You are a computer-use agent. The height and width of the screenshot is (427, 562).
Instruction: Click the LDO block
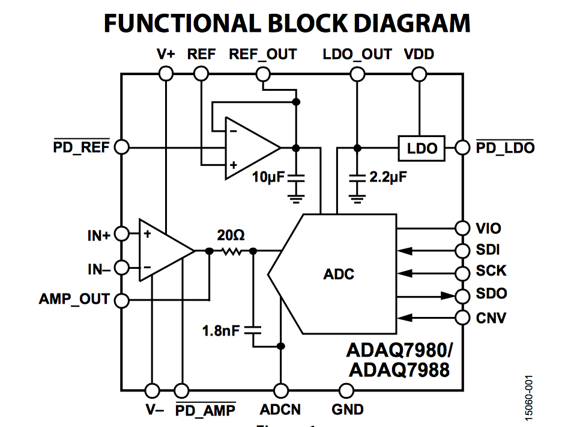pos(422,148)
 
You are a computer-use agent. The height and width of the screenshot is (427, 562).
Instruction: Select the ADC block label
pos(339,274)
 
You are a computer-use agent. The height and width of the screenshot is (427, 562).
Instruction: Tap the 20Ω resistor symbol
pos(231,251)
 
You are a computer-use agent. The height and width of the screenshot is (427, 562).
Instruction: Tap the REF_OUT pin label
pos(262,54)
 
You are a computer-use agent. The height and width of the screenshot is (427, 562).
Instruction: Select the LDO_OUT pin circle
pos(357,74)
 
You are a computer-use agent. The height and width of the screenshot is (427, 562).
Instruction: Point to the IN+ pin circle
pos(122,234)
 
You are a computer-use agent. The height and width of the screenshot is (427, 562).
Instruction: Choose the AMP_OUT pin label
pos(74,299)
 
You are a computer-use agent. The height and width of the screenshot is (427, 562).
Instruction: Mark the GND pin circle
pos(346,390)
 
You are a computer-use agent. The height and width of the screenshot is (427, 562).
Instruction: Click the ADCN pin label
pos(280,410)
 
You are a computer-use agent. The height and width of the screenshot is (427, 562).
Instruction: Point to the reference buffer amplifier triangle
pos(249,148)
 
